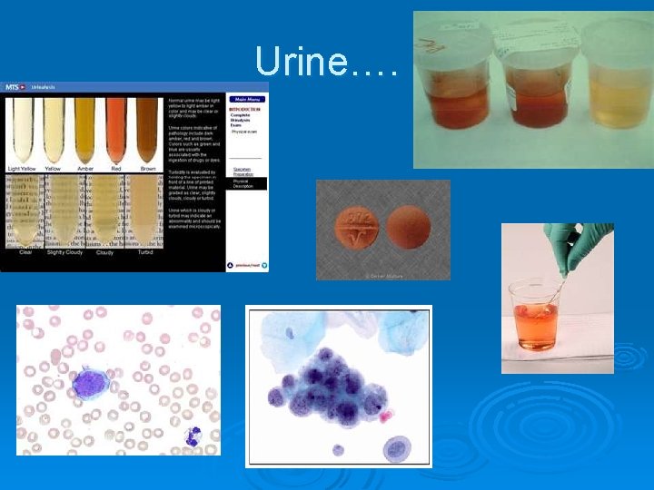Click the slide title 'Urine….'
tap(326, 62)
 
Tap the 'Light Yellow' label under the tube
tap(25, 169)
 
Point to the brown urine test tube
tap(145, 131)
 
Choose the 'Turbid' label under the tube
tap(144, 253)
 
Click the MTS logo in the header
tap(13, 87)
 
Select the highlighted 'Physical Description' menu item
tap(248, 183)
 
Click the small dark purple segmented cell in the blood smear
tap(193, 436)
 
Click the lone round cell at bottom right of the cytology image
tap(397, 447)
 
